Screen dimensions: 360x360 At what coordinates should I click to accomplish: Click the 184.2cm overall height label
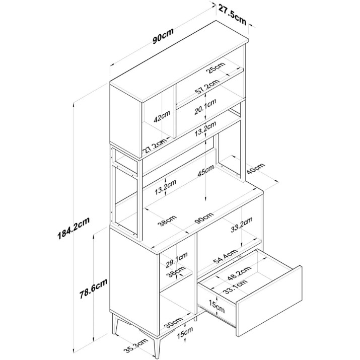pyautogui.click(x=74, y=228)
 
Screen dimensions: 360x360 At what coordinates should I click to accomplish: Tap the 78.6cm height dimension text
pyautogui.click(x=94, y=289)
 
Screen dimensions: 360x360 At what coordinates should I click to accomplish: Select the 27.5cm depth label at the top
pyautogui.click(x=232, y=14)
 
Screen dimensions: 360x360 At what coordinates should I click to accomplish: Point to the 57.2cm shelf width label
pyautogui.click(x=207, y=87)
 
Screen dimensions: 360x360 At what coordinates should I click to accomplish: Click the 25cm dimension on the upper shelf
pyautogui.click(x=216, y=67)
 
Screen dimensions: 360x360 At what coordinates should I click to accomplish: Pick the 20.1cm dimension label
pyautogui.click(x=205, y=107)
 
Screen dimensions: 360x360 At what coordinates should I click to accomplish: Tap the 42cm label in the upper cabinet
pyautogui.click(x=162, y=116)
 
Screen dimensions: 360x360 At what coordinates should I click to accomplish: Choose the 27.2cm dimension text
pyautogui.click(x=155, y=146)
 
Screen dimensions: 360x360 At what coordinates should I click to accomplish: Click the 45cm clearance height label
pyautogui.click(x=206, y=171)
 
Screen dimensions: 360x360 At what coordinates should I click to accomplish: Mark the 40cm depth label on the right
pyautogui.click(x=256, y=169)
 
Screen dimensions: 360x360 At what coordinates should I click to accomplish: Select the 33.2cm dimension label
pyautogui.click(x=242, y=225)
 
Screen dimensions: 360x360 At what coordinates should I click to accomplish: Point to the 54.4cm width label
pyautogui.click(x=225, y=256)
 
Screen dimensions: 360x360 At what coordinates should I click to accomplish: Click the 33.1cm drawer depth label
pyautogui.click(x=235, y=287)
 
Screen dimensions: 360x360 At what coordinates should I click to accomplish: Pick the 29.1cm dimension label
pyautogui.click(x=177, y=260)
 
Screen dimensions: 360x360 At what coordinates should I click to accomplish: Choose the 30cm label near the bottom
pyautogui.click(x=174, y=322)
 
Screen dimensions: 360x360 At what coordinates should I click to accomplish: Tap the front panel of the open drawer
pyautogui.click(x=269, y=301)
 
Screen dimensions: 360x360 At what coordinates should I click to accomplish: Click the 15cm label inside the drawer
pyautogui.click(x=217, y=306)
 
